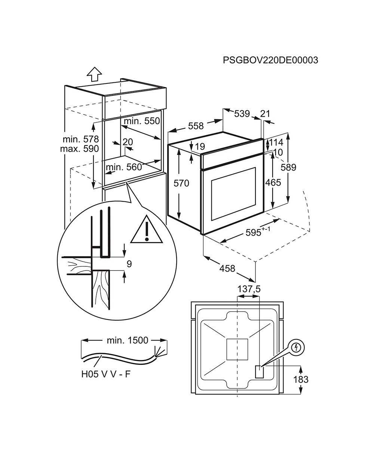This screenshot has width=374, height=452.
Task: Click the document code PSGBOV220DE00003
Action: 270,60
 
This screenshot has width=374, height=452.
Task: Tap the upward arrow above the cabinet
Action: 94,74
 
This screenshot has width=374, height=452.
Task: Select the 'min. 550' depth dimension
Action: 142,121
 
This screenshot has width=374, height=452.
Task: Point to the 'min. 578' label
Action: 81,139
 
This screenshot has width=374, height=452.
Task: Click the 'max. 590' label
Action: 79,149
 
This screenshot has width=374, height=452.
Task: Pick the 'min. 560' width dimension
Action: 124,167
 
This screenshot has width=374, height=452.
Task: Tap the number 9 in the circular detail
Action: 129,264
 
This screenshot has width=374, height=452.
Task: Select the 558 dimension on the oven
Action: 196,126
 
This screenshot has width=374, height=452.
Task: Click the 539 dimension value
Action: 242,114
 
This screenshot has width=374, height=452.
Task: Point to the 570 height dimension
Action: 181,183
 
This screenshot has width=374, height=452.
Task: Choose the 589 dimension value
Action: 288,167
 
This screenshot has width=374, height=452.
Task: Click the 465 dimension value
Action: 273,183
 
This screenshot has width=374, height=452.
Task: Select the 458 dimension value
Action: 227,268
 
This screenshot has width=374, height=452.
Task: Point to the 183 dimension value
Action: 301,379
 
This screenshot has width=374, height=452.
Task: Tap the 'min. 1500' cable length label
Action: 128,340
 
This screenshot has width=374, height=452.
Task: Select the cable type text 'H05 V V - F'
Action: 106,374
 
